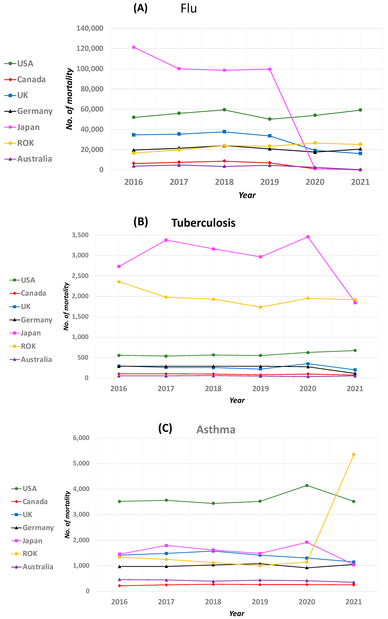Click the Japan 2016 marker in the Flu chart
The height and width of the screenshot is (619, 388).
click(134, 47)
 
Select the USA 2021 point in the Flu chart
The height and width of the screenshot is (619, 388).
click(360, 110)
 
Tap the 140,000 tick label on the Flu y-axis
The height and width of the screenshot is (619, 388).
click(90, 28)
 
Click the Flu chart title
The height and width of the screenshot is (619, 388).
click(189, 8)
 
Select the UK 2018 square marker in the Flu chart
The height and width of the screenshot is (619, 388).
click(224, 132)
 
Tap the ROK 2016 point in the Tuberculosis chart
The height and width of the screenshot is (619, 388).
click(119, 282)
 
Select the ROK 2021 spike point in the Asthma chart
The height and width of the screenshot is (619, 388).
click(354, 454)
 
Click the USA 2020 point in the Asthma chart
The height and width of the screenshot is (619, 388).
click(307, 485)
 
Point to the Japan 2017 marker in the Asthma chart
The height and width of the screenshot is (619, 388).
click(166, 545)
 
